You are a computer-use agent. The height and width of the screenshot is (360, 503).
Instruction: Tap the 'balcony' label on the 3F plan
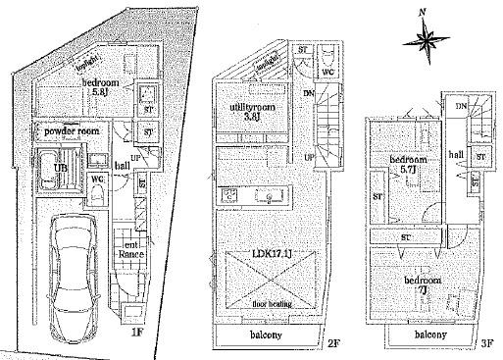coord(430,335)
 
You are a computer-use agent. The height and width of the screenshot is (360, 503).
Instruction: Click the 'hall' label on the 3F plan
coord(456,155)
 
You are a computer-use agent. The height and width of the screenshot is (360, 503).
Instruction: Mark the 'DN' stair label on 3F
coord(460,105)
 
